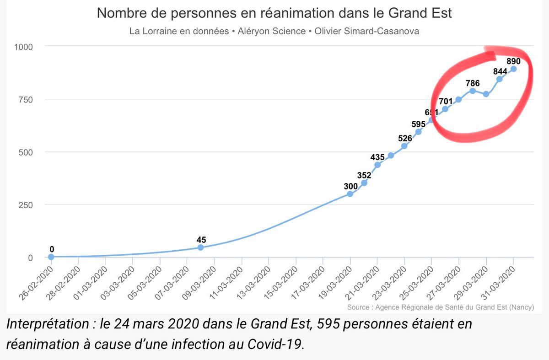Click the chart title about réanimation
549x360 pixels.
274,13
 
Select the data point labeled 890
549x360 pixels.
513,69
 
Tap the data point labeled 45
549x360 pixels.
200,247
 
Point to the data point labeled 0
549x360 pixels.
51,257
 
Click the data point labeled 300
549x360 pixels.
350,194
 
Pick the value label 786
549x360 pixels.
473,83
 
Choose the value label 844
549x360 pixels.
500,71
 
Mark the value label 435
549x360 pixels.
377,157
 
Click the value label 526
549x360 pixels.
404,138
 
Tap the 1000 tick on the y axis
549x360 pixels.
23,47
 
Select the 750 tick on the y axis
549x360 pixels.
25,99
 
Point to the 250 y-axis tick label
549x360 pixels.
25,205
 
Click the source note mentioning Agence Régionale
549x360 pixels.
440,307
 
